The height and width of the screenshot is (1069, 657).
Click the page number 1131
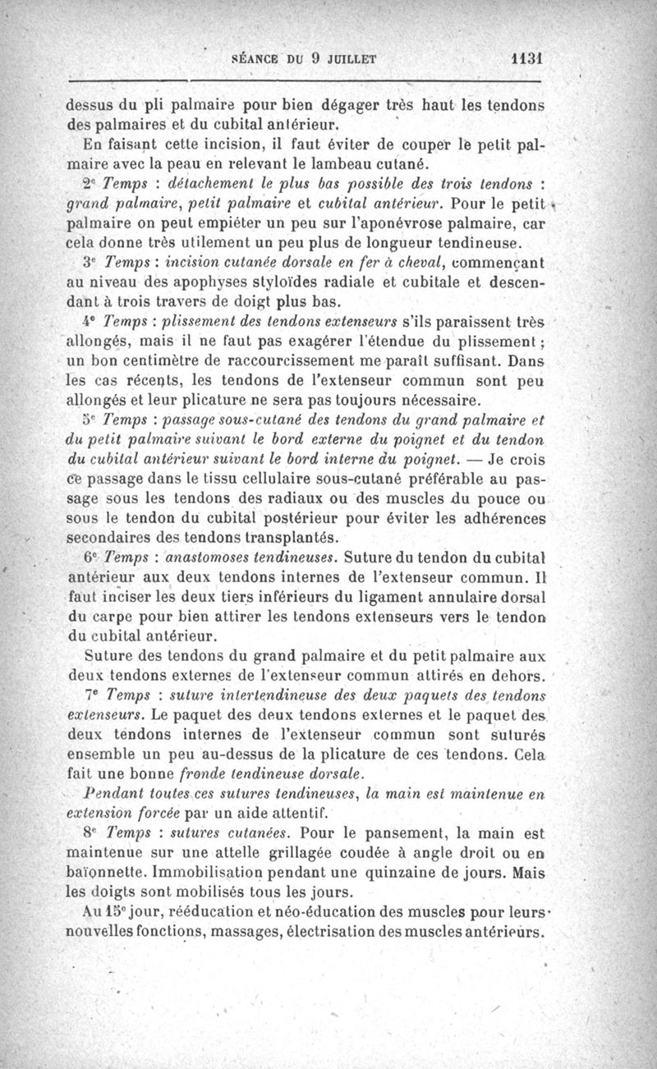tap(527, 60)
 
